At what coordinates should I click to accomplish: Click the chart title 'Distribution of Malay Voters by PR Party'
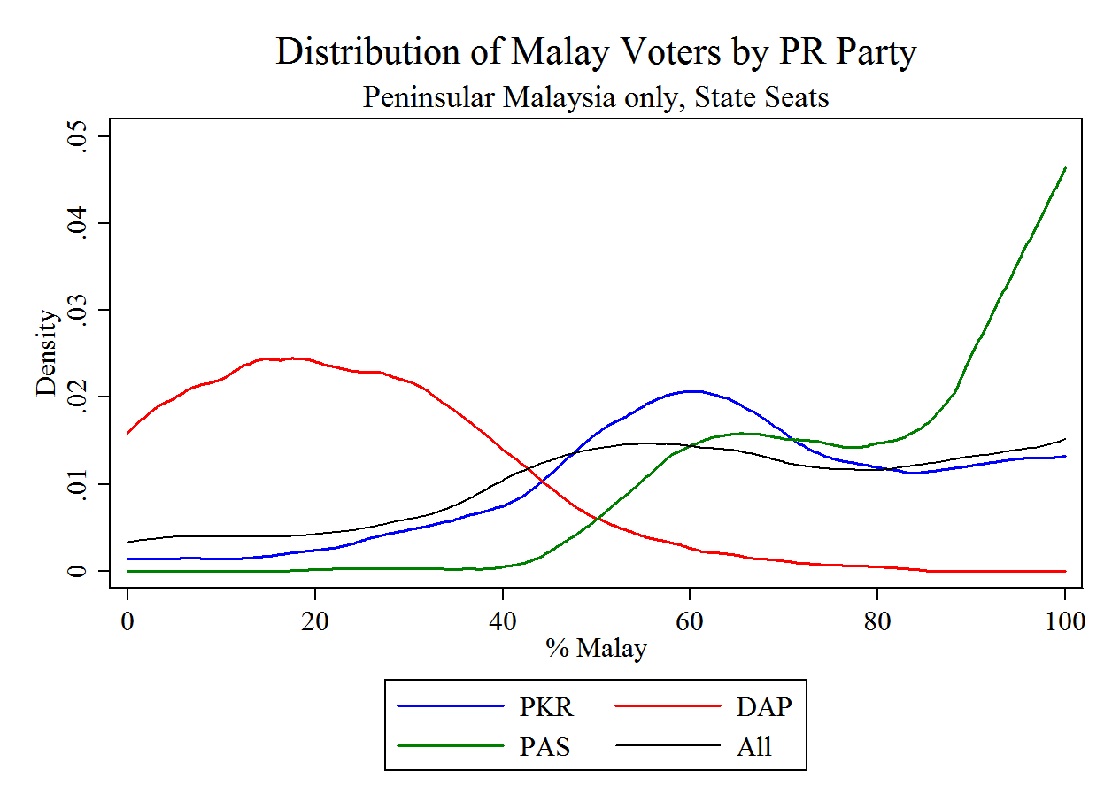coord(595,51)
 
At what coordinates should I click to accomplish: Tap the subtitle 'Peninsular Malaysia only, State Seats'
coord(595,96)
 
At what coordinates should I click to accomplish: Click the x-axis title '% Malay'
coord(596,649)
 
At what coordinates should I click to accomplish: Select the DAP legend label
coord(764,707)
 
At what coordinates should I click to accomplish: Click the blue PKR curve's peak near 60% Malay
coord(691,390)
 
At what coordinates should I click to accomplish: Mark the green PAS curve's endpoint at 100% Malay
coord(1064,168)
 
